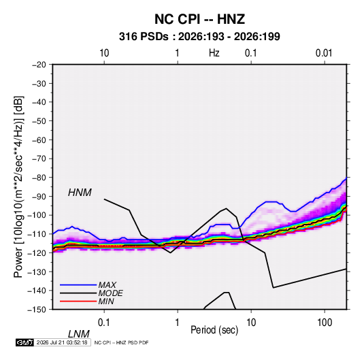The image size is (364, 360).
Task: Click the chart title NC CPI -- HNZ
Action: tap(199, 19)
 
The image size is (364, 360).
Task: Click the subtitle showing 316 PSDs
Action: tap(199, 37)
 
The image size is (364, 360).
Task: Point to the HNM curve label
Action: tap(80, 193)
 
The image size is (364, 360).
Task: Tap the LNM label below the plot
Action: tap(78, 334)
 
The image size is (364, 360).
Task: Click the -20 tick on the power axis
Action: tap(39, 65)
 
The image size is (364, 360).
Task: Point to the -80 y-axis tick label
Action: tap(39, 178)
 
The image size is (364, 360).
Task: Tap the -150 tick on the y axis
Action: tap(37, 310)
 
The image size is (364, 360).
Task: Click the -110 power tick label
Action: tap(37, 234)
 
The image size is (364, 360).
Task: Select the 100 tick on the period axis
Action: tap(325, 323)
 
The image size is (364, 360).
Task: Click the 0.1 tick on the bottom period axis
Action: tap(104, 323)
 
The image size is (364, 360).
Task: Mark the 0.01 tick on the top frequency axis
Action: tap(324, 53)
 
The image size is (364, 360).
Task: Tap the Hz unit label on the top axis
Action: tap(214, 53)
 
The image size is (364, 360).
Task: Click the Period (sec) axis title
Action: tap(214, 330)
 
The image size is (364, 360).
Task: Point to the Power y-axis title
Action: tap(18, 187)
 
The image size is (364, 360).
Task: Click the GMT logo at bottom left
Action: tap(24, 342)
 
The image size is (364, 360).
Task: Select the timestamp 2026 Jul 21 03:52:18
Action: tap(62, 342)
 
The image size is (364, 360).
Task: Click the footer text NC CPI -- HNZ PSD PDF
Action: tap(121, 342)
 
